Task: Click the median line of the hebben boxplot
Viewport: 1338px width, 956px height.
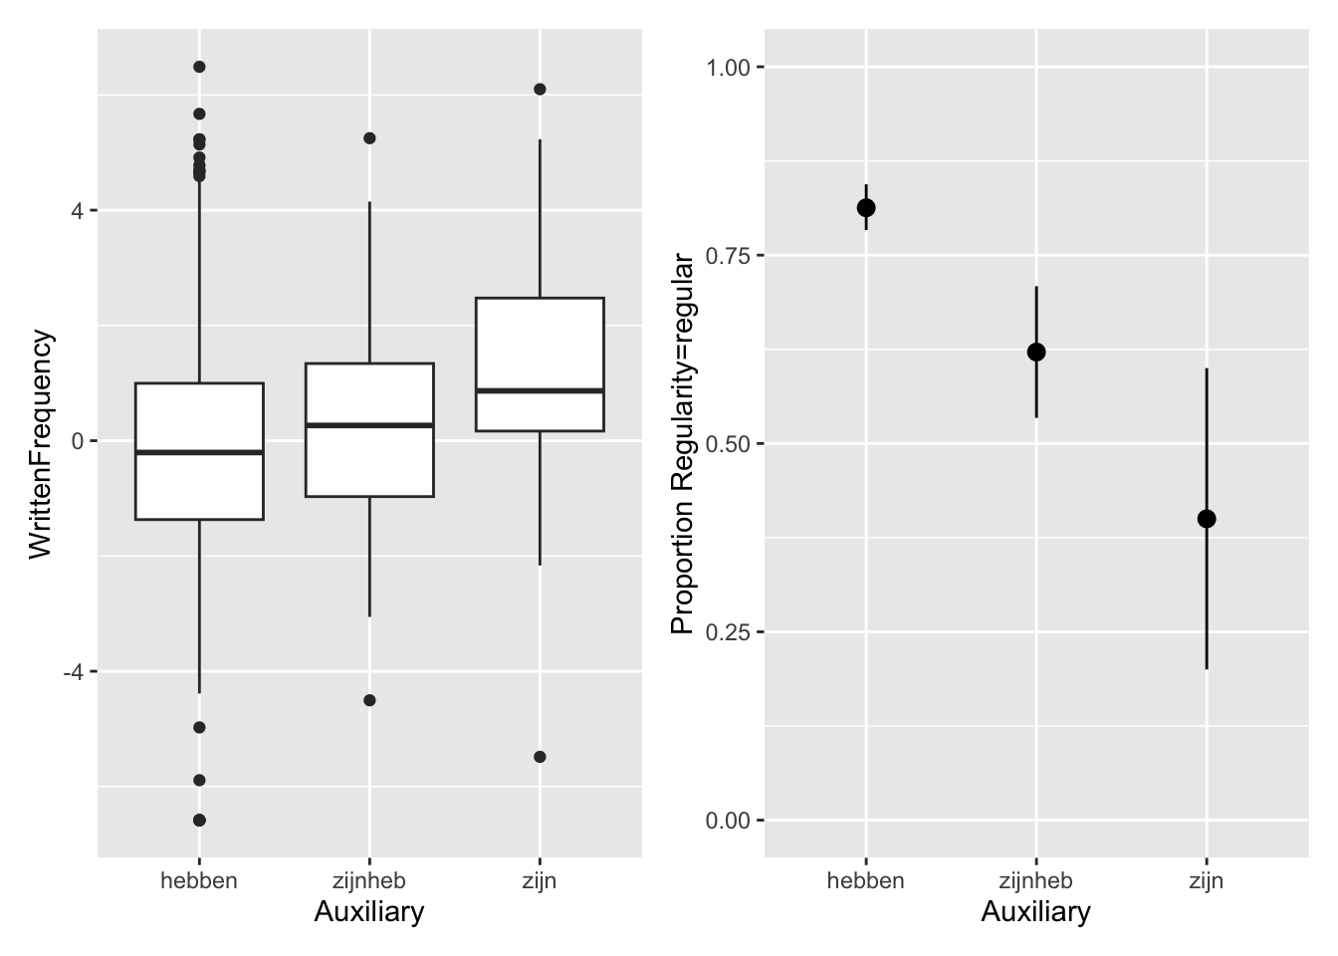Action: (199, 452)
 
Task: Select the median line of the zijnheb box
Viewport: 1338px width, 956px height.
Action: (369, 425)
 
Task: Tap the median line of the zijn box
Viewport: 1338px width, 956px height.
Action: (540, 390)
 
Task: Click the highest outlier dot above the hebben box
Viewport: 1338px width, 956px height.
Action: (199, 67)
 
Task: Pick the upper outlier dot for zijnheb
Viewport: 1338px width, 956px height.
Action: (369, 138)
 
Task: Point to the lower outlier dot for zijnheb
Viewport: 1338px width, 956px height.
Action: (369, 700)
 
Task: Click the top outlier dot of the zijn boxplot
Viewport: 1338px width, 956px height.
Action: (540, 90)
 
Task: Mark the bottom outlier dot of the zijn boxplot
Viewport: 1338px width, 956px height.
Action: (540, 757)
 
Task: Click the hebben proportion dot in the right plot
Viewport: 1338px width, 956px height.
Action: (866, 208)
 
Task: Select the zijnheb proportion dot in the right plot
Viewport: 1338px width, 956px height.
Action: (1036, 352)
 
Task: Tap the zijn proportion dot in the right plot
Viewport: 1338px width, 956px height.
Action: (1207, 519)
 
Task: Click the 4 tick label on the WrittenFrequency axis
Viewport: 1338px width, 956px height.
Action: (77, 211)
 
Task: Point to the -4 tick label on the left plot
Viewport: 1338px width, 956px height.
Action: (73, 672)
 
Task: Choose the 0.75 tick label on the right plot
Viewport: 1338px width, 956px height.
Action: (728, 256)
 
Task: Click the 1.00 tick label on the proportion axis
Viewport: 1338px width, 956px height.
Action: (728, 68)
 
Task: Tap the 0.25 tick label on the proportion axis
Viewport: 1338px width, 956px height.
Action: (728, 632)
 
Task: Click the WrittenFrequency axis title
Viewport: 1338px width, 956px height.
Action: (41, 444)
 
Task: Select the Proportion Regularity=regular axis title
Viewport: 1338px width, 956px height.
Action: (682, 443)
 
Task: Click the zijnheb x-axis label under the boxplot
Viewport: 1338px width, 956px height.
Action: (369, 881)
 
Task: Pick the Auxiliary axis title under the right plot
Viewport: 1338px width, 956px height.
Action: (1035, 912)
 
